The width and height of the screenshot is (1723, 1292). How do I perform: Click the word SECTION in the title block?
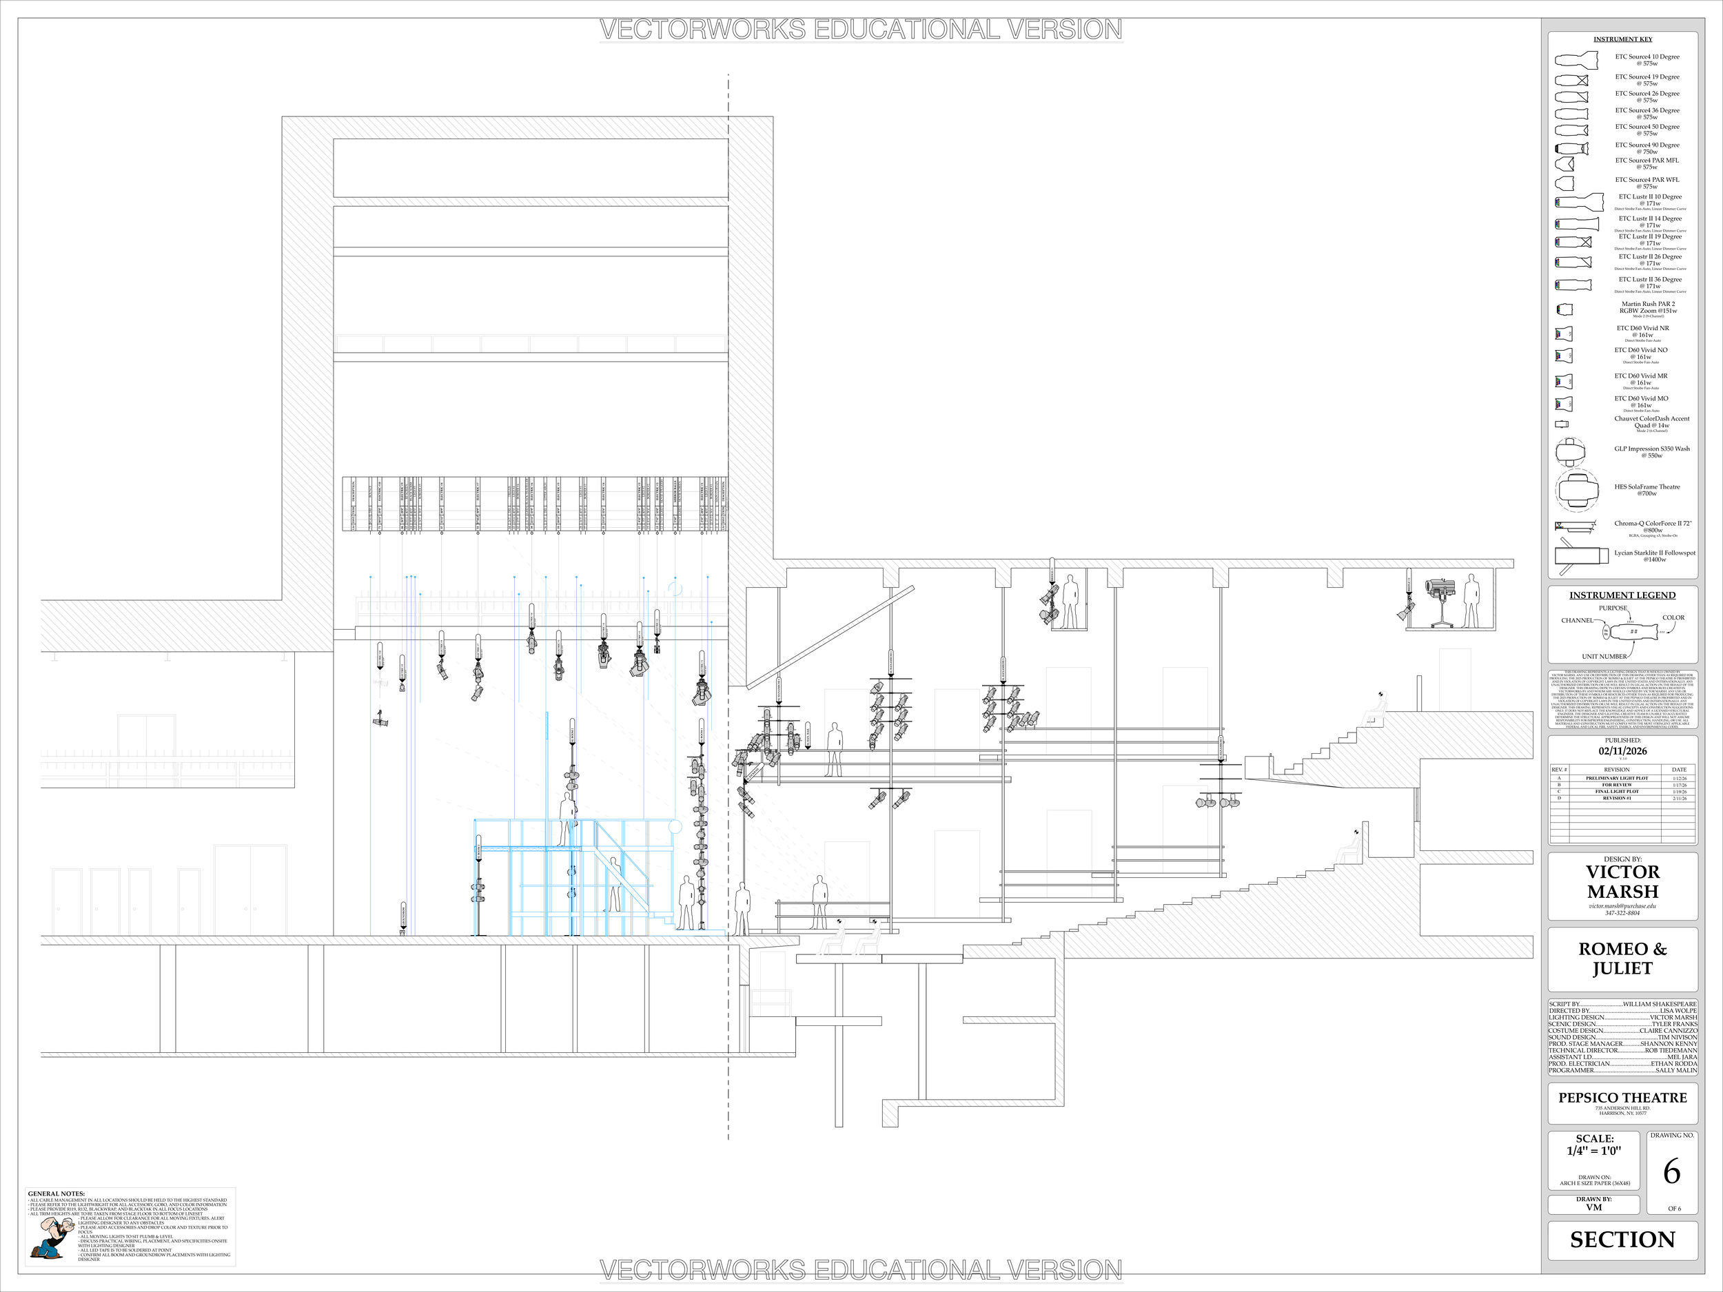(x=1622, y=1239)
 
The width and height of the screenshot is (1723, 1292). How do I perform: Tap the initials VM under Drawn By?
(x=1593, y=1207)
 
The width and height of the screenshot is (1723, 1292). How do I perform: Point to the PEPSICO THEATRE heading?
(x=1622, y=1097)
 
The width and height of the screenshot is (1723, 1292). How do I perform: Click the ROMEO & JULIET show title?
(x=1622, y=958)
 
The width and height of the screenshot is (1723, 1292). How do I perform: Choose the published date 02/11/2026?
(x=1622, y=751)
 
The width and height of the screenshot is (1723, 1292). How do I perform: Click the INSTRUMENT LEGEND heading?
(x=1622, y=595)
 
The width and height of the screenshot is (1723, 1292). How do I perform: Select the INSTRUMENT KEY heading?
(x=1622, y=39)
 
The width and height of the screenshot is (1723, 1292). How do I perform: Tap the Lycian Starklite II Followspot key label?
(x=1653, y=555)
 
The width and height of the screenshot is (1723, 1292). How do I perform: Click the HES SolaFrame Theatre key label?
(x=1646, y=489)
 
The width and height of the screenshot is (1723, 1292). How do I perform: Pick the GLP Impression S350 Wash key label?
(x=1651, y=452)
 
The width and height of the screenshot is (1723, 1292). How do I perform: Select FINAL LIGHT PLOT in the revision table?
(x=1616, y=791)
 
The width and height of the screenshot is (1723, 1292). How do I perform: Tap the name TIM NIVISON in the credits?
(x=1677, y=1037)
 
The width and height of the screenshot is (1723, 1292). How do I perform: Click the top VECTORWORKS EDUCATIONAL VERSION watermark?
(x=861, y=30)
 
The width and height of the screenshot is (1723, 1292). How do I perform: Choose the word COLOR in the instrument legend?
(x=1673, y=617)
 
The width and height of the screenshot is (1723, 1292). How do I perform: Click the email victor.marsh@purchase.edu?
(x=1622, y=905)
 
